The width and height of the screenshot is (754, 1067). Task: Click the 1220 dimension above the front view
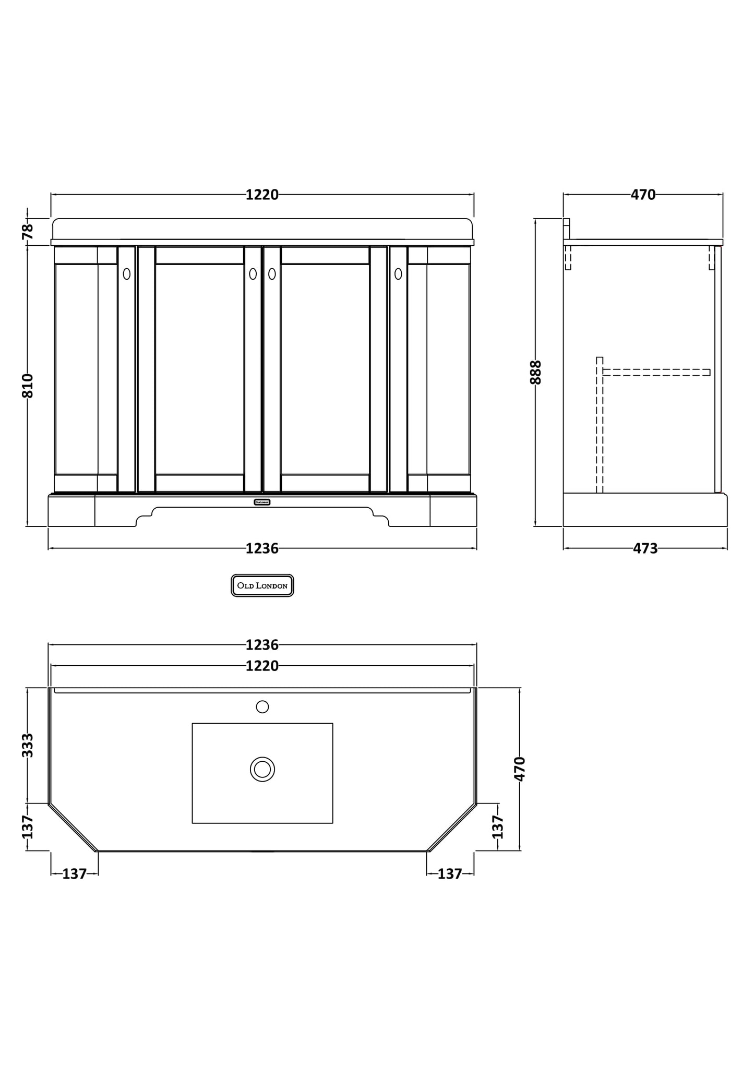click(x=262, y=195)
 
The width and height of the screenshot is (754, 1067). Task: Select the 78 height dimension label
click(x=28, y=231)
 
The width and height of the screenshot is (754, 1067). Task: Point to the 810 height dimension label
click(x=28, y=386)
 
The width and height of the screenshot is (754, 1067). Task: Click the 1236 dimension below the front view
click(x=262, y=548)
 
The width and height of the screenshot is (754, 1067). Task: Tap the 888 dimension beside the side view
click(x=536, y=372)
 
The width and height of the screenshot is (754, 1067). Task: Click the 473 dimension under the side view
click(x=645, y=548)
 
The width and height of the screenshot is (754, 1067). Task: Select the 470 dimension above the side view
click(x=643, y=195)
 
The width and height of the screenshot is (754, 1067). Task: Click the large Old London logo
click(x=262, y=585)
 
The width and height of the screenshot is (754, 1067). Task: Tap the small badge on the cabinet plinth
click(x=262, y=502)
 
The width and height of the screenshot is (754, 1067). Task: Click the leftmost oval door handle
click(x=127, y=273)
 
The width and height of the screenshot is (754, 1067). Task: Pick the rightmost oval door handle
click(x=398, y=273)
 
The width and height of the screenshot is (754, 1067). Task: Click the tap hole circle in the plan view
click(x=262, y=706)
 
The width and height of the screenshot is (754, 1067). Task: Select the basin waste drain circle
click(x=262, y=769)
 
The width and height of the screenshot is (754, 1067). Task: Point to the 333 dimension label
click(x=28, y=745)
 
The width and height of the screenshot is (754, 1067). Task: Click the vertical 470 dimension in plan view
click(x=520, y=769)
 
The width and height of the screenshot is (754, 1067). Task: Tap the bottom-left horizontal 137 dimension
click(x=74, y=873)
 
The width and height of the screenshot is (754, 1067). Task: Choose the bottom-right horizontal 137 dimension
click(x=450, y=873)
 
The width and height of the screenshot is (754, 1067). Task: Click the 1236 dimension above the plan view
click(x=262, y=645)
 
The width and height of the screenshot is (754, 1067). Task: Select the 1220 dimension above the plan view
click(x=262, y=666)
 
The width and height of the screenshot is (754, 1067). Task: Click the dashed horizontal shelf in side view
click(x=656, y=372)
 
